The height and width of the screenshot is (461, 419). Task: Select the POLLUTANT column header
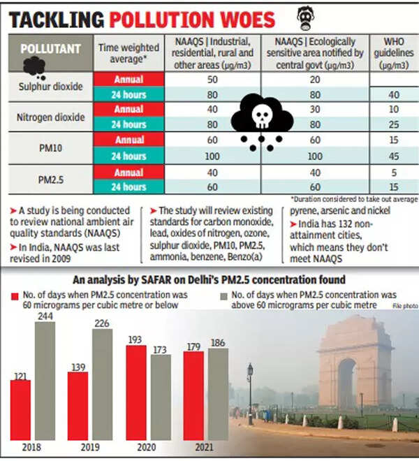[49, 50]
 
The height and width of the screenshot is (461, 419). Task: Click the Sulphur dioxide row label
[49, 86]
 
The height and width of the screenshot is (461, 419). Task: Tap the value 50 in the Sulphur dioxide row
[213, 78]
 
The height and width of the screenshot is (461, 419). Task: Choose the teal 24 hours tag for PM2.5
[128, 187]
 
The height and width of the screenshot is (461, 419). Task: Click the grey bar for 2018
[45, 381]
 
